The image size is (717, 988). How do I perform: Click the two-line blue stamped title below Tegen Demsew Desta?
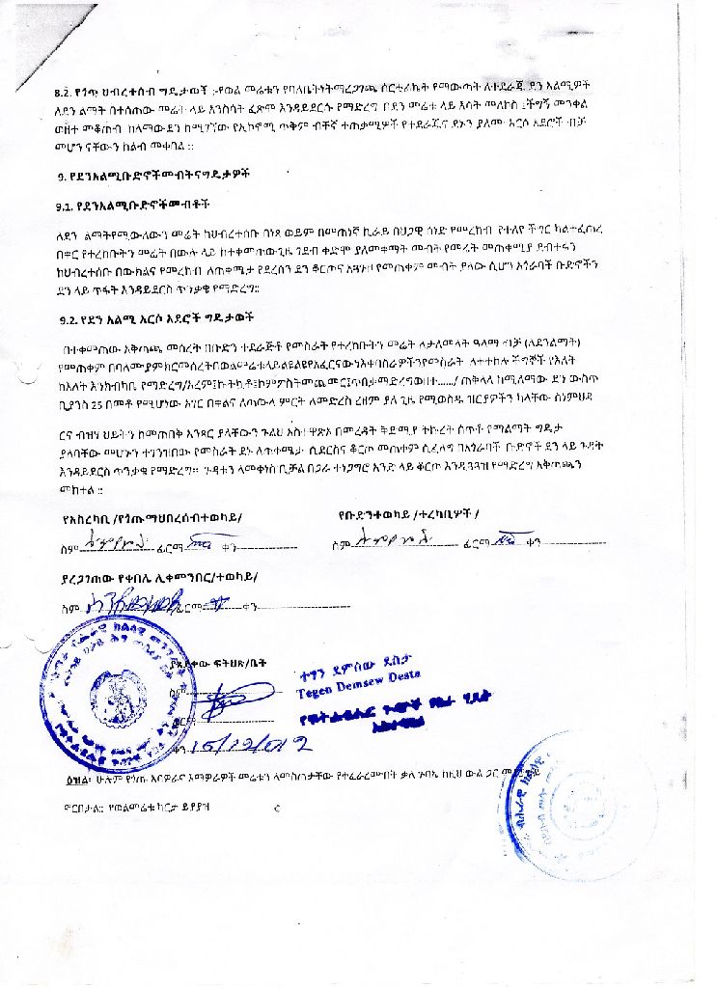[x=375, y=713]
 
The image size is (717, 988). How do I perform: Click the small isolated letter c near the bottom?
[x=276, y=807]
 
